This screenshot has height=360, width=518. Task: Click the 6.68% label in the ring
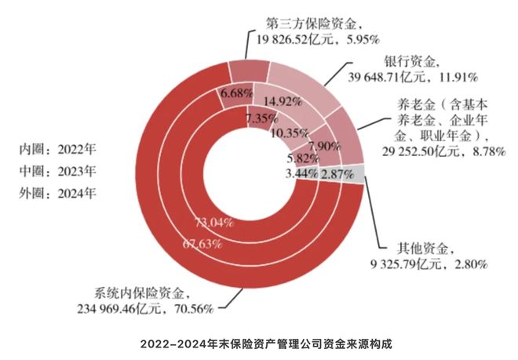click(x=236, y=94)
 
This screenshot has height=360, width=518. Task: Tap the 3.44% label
click(x=301, y=172)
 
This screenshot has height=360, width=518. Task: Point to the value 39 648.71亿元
click(x=379, y=78)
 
